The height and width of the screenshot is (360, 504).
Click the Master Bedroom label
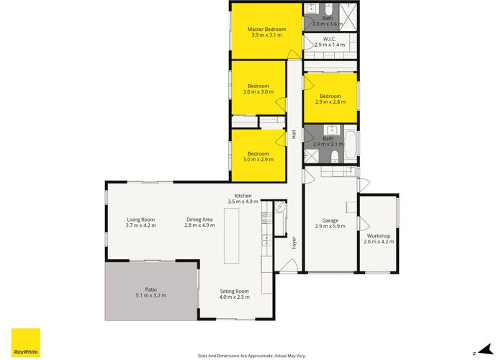pos(266,30)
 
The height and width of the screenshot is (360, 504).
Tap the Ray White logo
pos(26,343)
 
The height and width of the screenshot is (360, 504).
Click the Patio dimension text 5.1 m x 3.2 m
pos(151,295)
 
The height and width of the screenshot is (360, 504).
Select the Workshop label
pos(379,236)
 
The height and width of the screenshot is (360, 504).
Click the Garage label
pos(330,220)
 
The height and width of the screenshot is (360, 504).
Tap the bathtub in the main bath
pos(351,147)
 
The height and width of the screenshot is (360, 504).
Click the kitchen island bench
pos(231,236)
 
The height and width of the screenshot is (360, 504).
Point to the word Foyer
pos(294,243)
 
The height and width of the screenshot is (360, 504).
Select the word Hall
pos(294,135)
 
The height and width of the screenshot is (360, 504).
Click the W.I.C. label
pos(330,39)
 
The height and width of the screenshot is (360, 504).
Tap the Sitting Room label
pos(234,291)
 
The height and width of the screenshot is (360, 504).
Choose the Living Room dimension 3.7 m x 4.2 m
pos(141,225)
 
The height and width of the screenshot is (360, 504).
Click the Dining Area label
pos(199,220)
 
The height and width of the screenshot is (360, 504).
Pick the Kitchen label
pos(243,196)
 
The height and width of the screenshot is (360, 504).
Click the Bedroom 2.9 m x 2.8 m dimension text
pos(330,102)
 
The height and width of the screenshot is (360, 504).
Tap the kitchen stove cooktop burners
pos(267,218)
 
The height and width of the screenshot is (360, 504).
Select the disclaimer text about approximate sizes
pos(252,356)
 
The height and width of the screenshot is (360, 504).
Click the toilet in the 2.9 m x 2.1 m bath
pos(335,156)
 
